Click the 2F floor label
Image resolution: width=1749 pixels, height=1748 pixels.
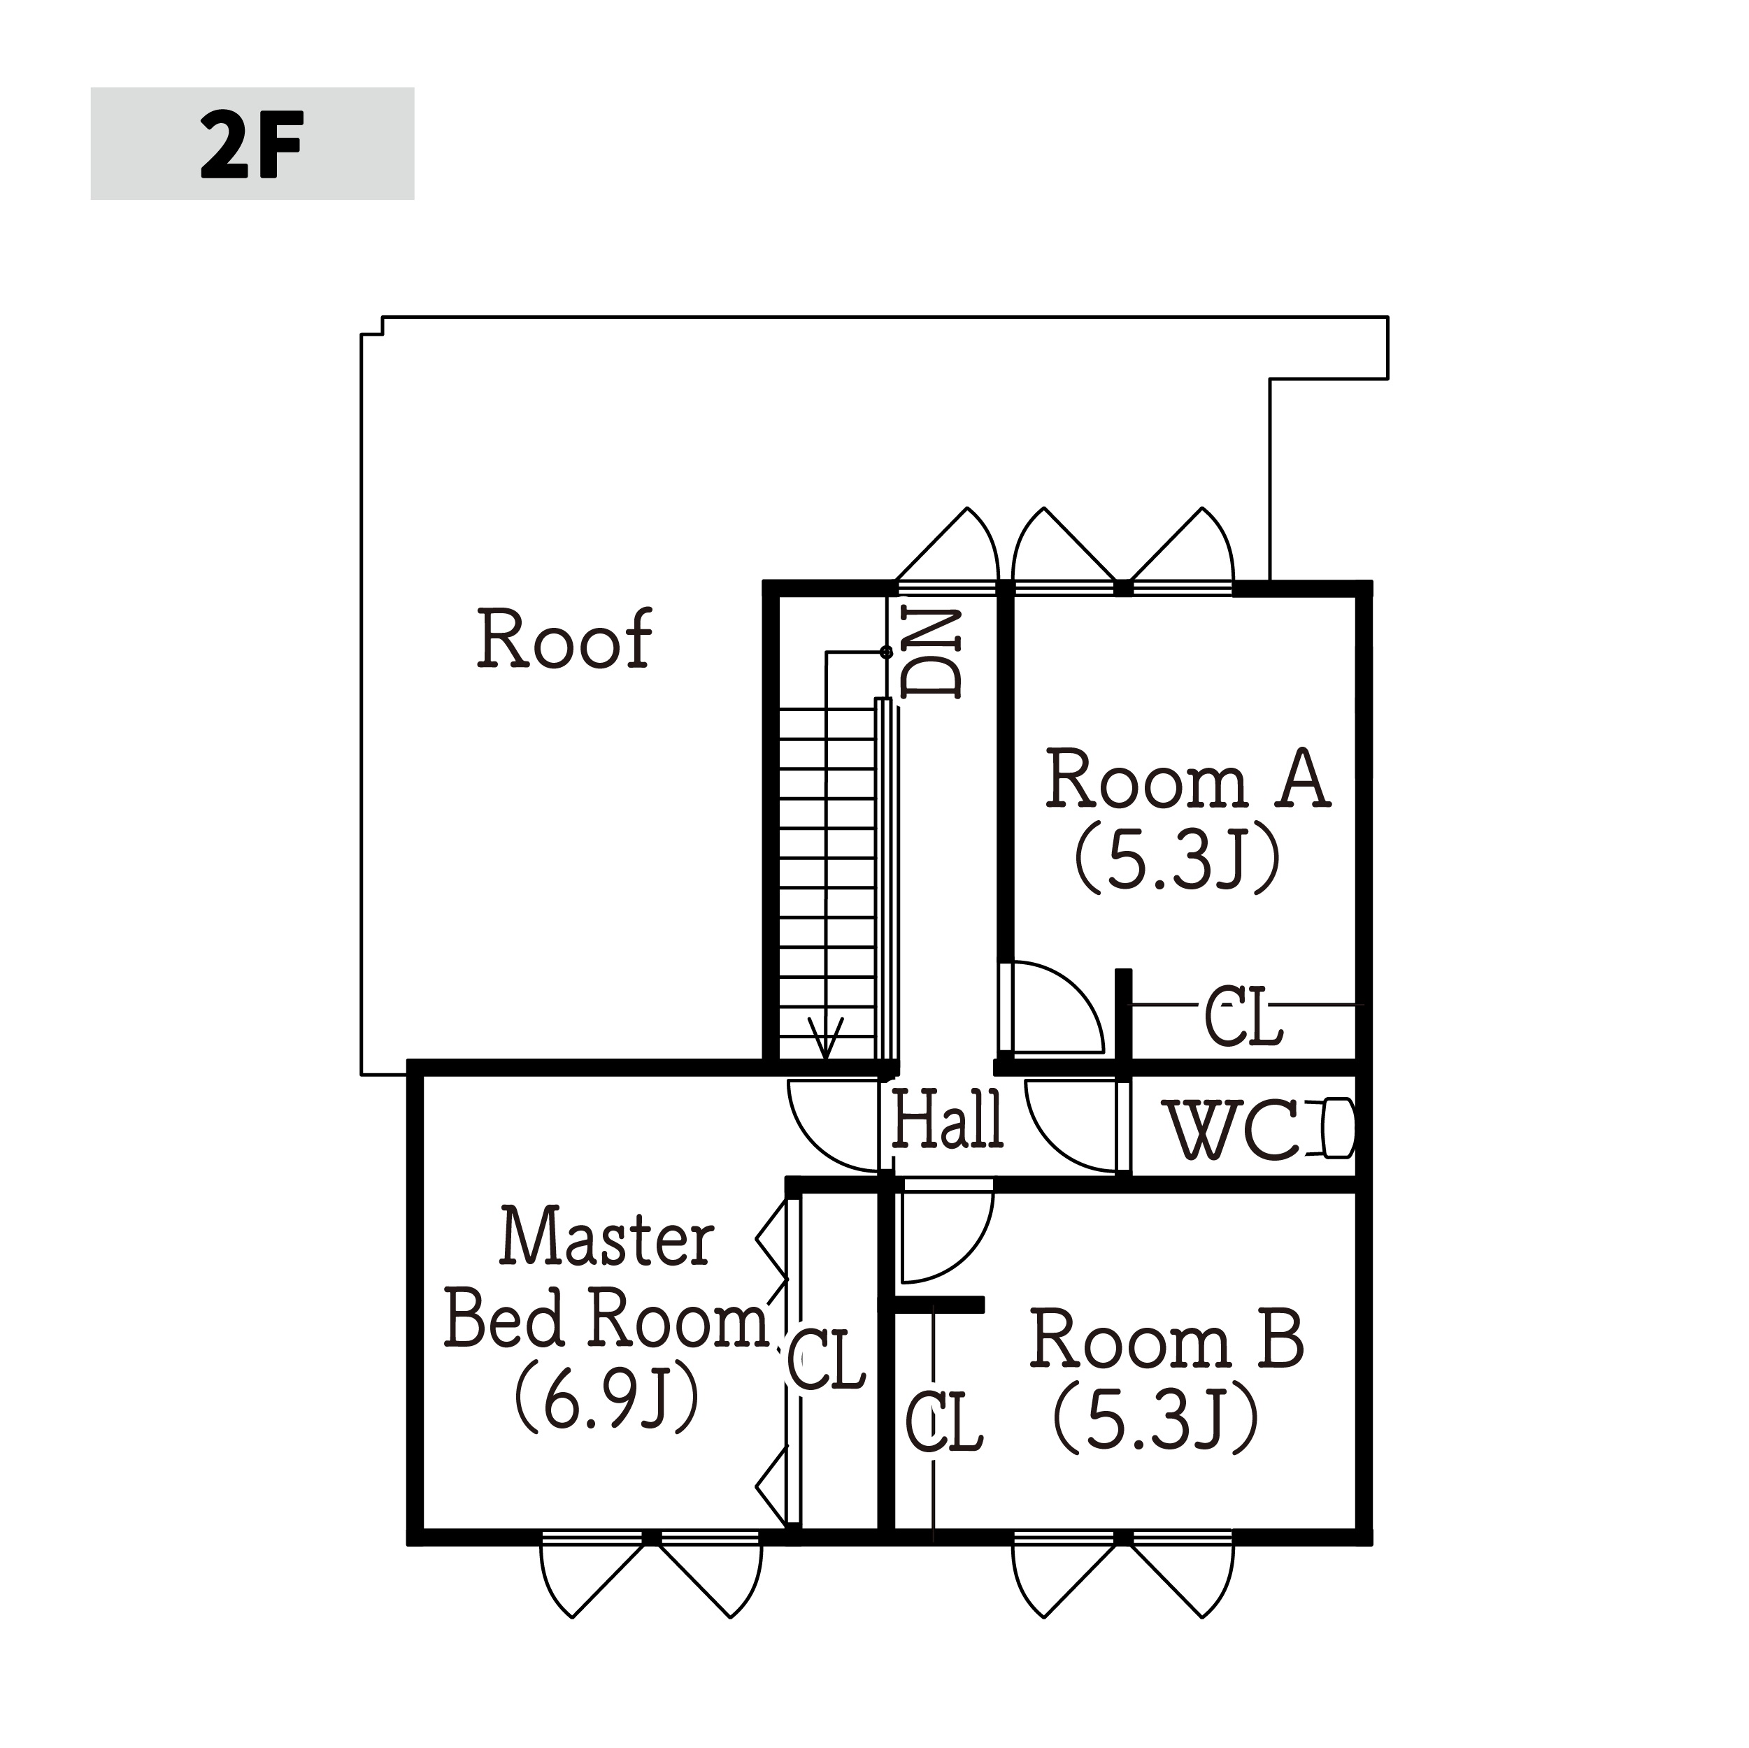click(x=251, y=145)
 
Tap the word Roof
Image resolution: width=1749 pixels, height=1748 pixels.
click(x=564, y=639)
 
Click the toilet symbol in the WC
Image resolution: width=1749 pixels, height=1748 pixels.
click(x=1337, y=1128)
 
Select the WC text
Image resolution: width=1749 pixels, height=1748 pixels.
click(x=1233, y=1130)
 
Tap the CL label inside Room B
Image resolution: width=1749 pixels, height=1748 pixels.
click(x=945, y=1422)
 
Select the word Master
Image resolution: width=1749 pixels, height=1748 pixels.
click(x=606, y=1237)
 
